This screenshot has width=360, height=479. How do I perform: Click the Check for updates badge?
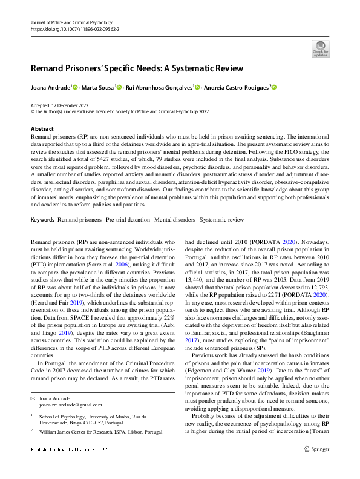point(320,48)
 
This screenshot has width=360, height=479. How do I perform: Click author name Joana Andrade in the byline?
point(51,88)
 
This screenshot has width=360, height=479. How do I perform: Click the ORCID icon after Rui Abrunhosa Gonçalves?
point(197,88)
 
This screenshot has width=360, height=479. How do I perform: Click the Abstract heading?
point(42,130)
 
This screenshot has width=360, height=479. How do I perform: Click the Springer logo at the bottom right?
point(317,449)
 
